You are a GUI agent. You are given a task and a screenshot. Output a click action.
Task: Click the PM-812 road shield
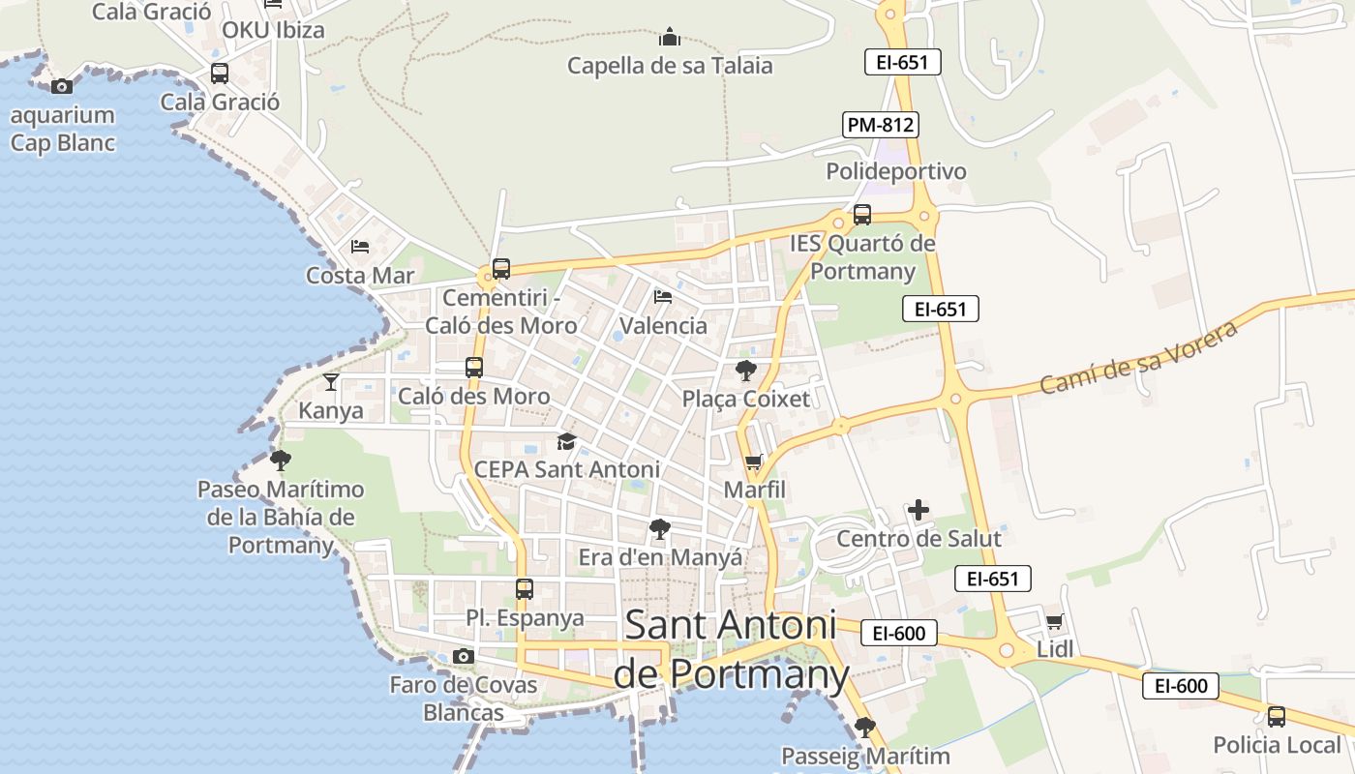(880, 125)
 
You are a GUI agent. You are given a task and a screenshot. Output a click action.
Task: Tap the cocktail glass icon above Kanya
(331, 382)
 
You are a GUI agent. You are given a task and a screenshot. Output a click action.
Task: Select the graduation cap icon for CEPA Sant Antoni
(566, 442)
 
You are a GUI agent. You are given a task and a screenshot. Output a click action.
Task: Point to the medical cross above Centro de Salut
(918, 510)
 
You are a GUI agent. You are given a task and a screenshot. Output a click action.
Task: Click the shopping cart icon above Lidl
(1054, 622)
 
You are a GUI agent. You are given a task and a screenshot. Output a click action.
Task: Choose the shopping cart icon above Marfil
(753, 462)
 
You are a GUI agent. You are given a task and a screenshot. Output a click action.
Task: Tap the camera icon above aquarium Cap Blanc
(62, 87)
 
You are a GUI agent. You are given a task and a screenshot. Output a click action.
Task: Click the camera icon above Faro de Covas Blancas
(463, 657)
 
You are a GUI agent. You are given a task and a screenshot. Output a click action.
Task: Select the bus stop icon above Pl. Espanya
(524, 589)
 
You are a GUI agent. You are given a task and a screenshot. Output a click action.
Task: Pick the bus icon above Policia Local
(1277, 717)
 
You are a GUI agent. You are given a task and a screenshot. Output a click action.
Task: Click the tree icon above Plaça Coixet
(745, 371)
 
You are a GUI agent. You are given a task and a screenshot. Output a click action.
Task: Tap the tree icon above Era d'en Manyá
(660, 529)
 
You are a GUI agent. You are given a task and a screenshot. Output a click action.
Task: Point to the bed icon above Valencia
(663, 296)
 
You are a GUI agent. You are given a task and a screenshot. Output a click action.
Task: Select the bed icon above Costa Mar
(360, 247)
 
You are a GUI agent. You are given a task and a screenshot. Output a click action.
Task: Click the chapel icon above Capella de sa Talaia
(670, 38)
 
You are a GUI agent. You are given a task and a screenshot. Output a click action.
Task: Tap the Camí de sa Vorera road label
(1139, 358)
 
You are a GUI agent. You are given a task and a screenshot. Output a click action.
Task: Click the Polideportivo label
(896, 171)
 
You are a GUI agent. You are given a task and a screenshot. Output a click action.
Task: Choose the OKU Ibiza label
(273, 29)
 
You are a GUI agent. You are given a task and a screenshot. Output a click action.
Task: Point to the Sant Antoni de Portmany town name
(731, 649)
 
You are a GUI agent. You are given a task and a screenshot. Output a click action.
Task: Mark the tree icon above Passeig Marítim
(865, 727)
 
